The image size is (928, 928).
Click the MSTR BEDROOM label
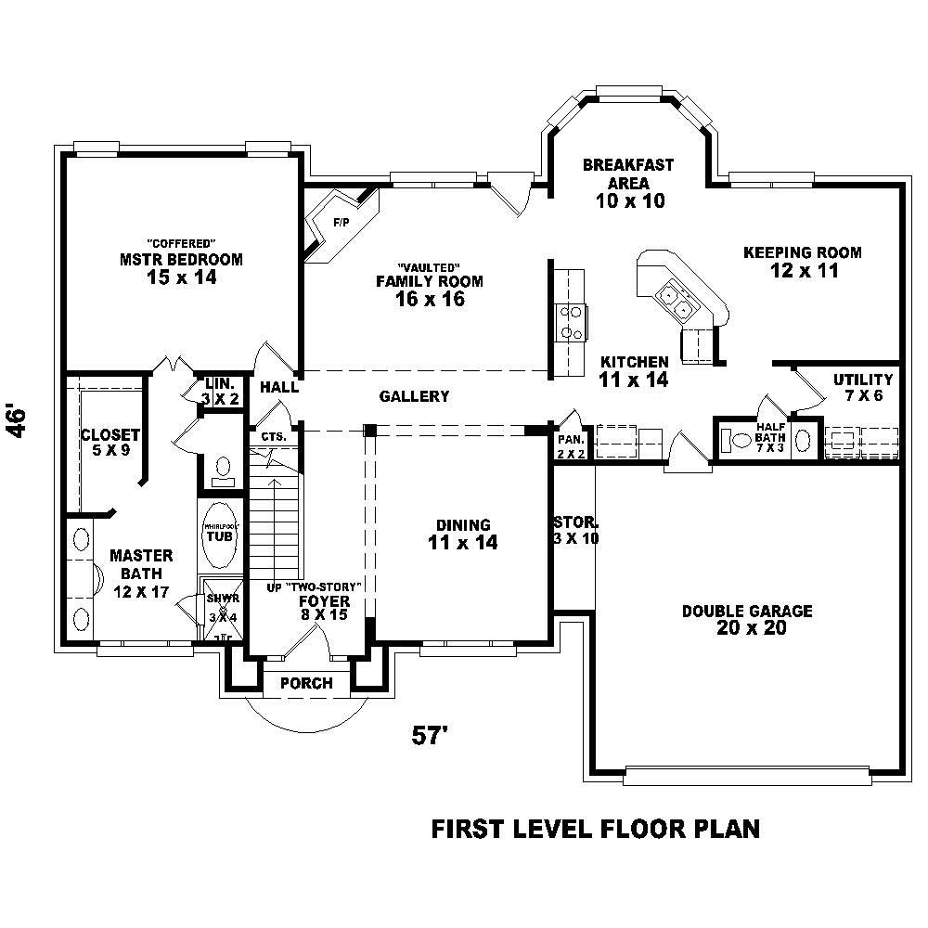[181, 260]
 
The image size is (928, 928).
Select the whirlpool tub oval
[220, 535]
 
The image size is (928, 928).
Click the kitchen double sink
[674, 298]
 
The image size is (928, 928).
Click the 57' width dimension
[431, 735]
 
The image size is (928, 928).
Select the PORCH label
[306, 684]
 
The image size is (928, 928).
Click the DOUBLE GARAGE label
[747, 612]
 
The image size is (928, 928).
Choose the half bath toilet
[741, 440]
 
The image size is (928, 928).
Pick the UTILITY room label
[863, 380]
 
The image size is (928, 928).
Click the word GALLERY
[414, 397]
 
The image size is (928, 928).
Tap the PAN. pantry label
[571, 439]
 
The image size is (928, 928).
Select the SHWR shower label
[223, 599]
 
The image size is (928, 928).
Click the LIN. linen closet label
[220, 383]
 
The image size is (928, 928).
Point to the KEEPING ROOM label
[803, 252]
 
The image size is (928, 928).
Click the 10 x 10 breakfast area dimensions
[628, 200]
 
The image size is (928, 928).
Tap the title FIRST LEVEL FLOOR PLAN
[596, 829]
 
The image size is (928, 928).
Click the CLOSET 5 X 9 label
[110, 435]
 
